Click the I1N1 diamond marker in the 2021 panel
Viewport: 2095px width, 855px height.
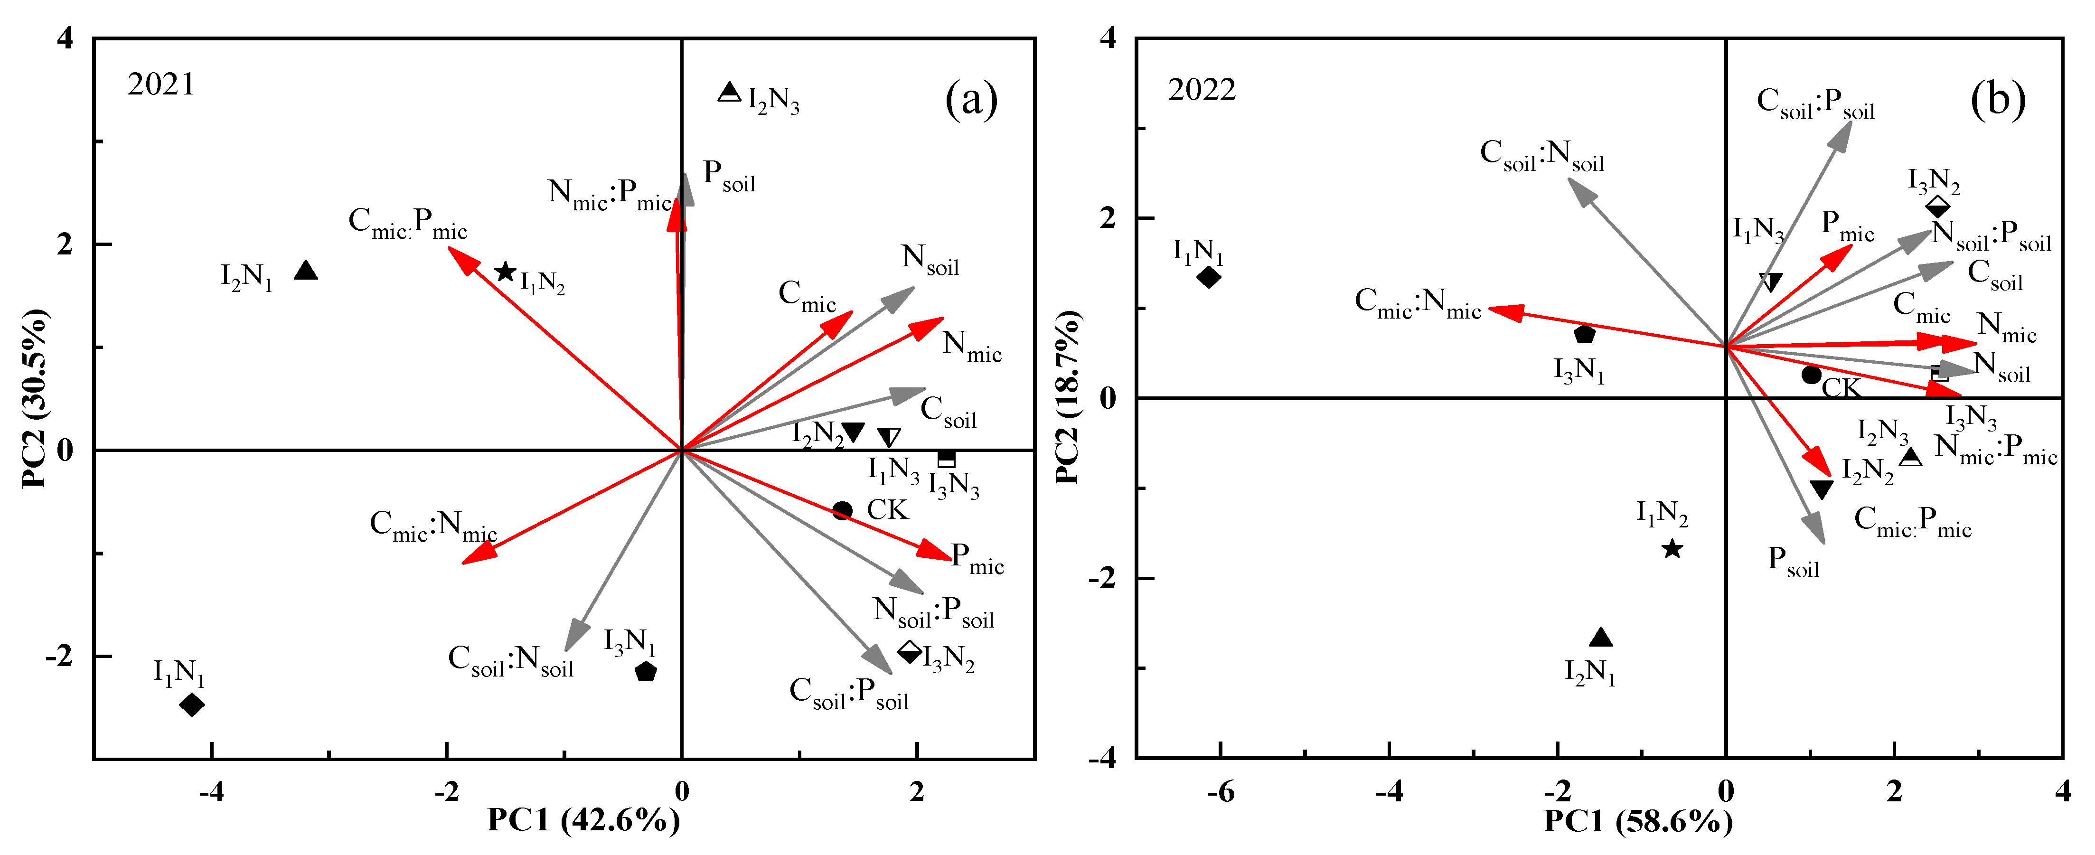(192, 705)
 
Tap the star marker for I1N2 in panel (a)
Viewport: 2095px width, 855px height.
(506, 272)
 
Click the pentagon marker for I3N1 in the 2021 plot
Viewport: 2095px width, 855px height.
(646, 672)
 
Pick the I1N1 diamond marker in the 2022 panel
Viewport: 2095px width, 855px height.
(1209, 277)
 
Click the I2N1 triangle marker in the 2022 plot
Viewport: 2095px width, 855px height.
(1600, 638)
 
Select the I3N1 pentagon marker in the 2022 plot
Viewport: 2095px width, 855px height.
(1584, 334)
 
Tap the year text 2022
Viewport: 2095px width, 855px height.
(1202, 89)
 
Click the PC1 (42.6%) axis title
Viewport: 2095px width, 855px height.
(583, 820)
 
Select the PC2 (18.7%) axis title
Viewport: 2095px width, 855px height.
(1067, 397)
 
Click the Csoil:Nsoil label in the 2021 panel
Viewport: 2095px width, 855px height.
(511, 660)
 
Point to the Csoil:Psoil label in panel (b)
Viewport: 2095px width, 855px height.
(1815, 104)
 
